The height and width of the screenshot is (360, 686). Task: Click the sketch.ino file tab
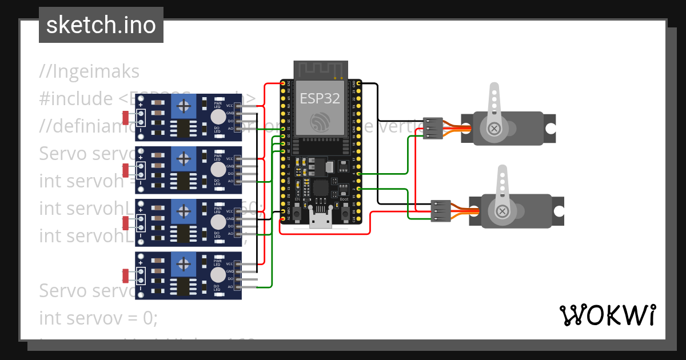click(101, 25)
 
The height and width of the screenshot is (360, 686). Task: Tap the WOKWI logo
click(607, 315)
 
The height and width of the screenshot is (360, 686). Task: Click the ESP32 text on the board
click(320, 98)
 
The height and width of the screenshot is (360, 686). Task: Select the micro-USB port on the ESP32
click(321, 219)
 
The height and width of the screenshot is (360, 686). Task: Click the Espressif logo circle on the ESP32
click(320, 122)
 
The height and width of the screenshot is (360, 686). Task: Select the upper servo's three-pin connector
click(433, 129)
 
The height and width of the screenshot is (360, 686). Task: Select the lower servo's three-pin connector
click(440, 210)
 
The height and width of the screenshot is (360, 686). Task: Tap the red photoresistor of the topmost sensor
click(125, 117)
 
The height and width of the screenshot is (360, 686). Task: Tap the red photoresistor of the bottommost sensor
click(125, 275)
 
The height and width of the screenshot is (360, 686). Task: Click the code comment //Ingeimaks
click(89, 72)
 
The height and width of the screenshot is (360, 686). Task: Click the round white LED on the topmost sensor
click(217, 117)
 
